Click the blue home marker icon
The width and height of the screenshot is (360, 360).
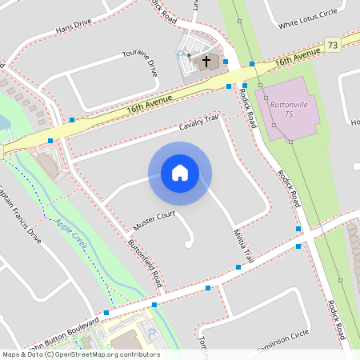coord(180,173)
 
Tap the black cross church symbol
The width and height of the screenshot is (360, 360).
coord(206,61)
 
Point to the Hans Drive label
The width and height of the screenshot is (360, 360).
coord(74,29)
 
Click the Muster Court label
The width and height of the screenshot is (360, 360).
coord(154,222)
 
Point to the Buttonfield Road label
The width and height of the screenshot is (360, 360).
coord(146,265)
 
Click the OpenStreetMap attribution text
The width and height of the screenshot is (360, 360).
coord(80,354)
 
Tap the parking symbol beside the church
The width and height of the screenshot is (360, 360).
coord(182,56)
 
